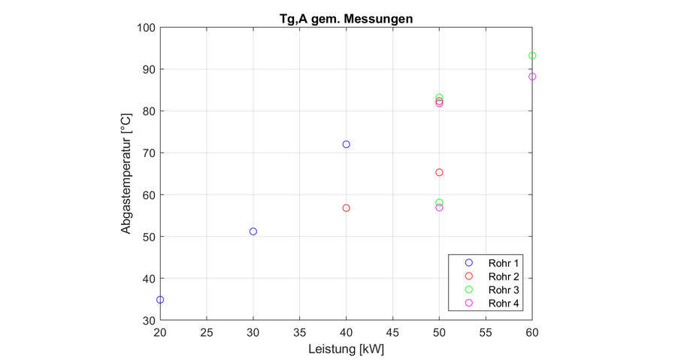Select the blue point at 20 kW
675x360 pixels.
pos(160,300)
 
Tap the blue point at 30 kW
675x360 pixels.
pos(253,231)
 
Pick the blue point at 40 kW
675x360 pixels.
pos(347,144)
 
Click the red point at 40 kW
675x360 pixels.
pos(347,208)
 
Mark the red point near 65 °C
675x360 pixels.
pos(440,173)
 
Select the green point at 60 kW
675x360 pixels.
pos(532,56)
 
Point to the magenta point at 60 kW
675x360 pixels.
pos(532,77)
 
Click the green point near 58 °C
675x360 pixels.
pos(440,203)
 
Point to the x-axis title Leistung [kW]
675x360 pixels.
pos(346,349)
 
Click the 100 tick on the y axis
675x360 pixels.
pos(145,28)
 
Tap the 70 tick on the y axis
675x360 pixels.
pos(147,153)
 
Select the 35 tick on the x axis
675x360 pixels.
pos(300,331)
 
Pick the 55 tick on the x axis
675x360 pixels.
pos(486,331)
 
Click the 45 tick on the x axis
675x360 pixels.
pos(393,331)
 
